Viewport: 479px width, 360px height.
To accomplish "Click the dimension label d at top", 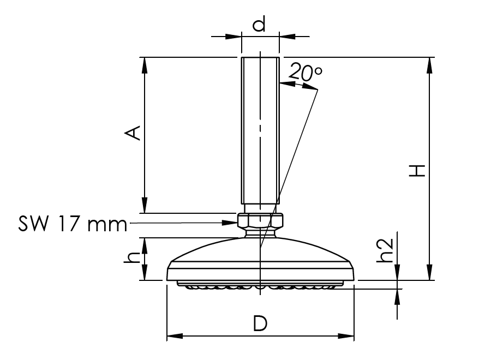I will click(x=260, y=25).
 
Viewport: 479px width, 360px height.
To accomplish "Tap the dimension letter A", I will click(x=134, y=133).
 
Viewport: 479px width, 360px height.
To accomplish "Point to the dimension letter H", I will click(x=417, y=170).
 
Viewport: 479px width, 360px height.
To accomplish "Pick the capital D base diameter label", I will click(x=260, y=323).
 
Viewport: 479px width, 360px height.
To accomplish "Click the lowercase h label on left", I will click(x=131, y=258).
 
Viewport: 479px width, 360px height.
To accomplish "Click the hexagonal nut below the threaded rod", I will click(x=261, y=221).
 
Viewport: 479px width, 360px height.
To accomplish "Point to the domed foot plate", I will click(x=260, y=259).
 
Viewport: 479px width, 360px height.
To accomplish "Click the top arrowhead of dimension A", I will click(x=145, y=64).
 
